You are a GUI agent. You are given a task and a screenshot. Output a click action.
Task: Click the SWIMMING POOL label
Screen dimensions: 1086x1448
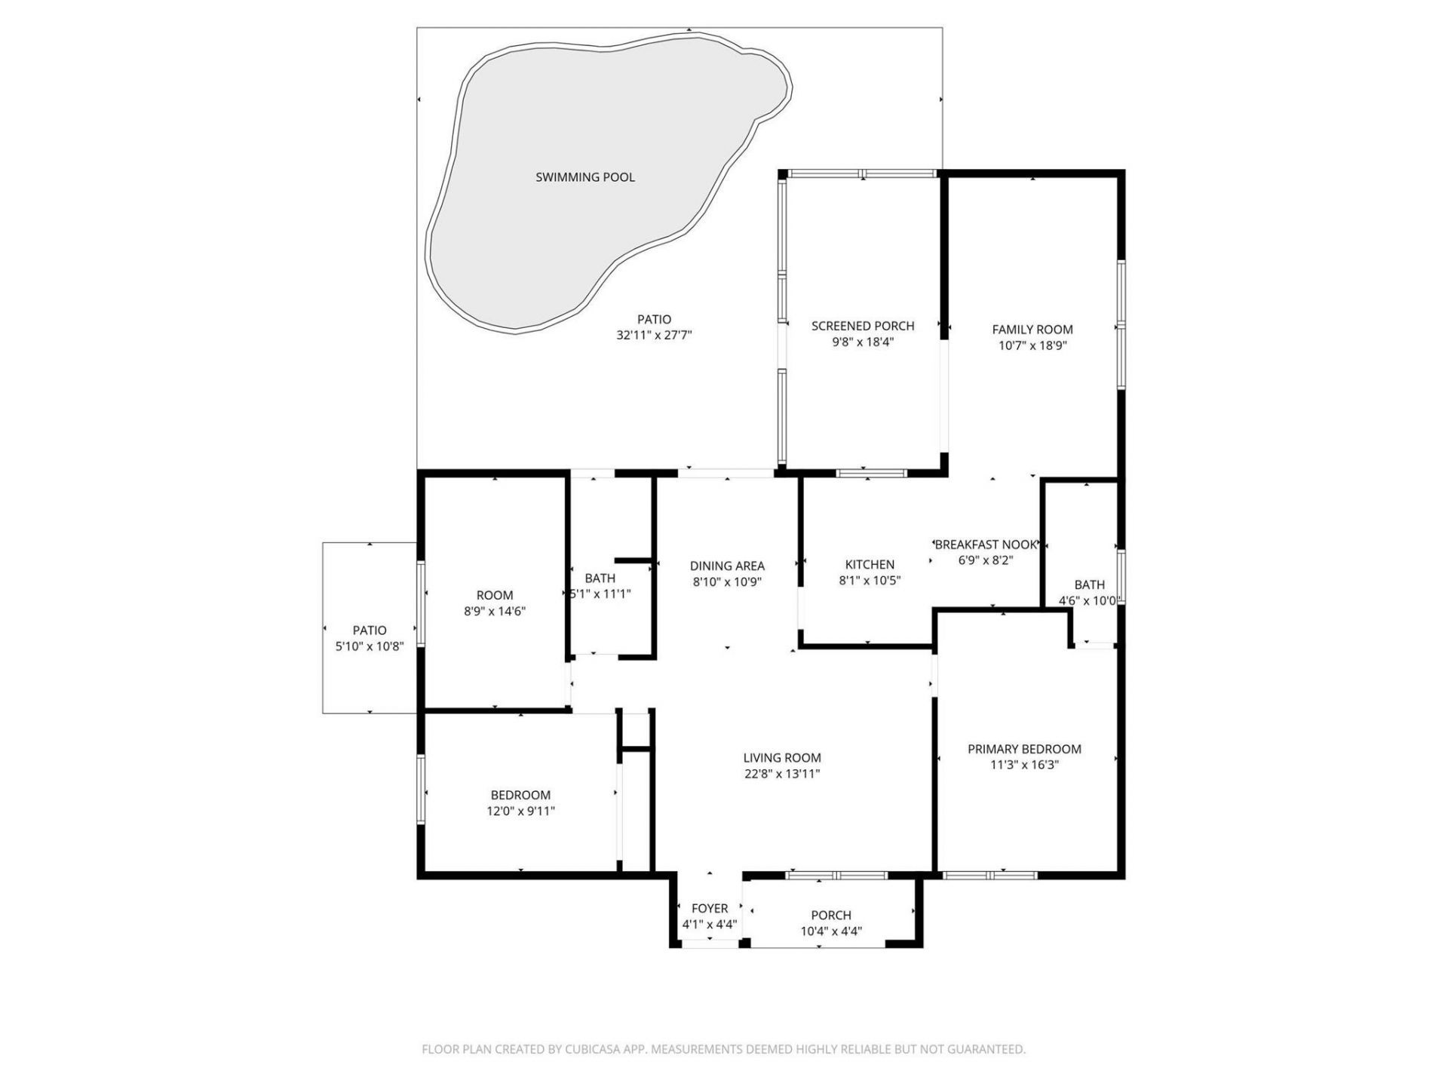(584, 177)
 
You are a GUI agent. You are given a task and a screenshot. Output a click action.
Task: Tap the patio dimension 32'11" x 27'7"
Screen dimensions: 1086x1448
(654, 336)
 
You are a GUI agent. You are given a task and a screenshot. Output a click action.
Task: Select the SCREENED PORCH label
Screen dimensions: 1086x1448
(862, 326)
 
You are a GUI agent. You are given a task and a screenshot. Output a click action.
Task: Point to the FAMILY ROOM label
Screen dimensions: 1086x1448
(1032, 330)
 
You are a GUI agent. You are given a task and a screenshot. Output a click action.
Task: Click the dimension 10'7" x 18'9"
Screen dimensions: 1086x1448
(1032, 346)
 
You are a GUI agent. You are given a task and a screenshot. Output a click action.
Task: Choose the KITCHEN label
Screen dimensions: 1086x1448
(870, 564)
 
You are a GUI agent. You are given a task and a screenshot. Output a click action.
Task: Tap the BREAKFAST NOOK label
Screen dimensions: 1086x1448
(986, 545)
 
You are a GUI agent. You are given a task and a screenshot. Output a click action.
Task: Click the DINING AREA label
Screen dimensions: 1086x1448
(726, 566)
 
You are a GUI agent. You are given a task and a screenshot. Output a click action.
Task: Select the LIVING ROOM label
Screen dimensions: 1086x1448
(781, 758)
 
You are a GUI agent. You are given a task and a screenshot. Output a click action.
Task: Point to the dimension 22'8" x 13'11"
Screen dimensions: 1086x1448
(781, 774)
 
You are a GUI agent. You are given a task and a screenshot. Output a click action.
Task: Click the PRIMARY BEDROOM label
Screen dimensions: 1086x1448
(1024, 749)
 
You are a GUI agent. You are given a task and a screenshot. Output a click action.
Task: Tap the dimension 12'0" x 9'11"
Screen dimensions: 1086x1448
(520, 811)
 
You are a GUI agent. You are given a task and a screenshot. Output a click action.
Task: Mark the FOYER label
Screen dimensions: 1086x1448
(709, 909)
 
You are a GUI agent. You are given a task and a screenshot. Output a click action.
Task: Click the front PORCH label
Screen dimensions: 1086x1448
(831, 915)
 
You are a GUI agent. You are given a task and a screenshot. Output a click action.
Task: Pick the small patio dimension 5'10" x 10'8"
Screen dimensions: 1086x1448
(370, 646)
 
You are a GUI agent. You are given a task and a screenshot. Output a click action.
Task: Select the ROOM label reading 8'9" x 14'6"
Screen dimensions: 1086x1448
(494, 595)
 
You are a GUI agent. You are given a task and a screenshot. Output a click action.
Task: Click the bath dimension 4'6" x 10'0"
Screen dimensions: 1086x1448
(1089, 601)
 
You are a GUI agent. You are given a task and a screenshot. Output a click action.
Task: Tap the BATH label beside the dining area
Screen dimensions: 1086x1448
(600, 578)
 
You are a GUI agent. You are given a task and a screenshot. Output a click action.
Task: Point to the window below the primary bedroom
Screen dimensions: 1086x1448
(989, 876)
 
